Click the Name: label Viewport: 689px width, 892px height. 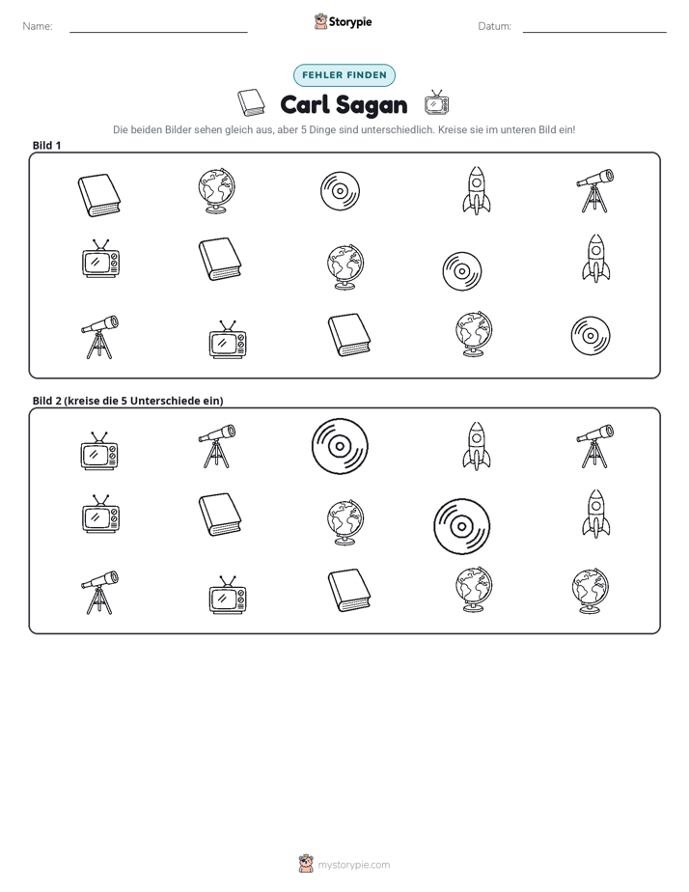pyautogui.click(x=38, y=26)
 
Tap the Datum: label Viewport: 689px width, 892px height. pyautogui.click(x=494, y=26)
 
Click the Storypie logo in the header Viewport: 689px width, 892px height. pyautogui.click(x=343, y=21)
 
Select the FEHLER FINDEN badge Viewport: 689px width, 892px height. pyautogui.click(x=344, y=75)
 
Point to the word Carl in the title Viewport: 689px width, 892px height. pyautogui.click(x=305, y=104)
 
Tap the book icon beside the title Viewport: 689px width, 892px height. pyautogui.click(x=251, y=103)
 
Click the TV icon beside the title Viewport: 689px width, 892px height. pyautogui.click(x=436, y=102)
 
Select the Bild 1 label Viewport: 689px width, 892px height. pyautogui.click(x=46, y=145)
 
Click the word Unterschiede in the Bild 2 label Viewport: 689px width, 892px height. pyautogui.click(x=161, y=401)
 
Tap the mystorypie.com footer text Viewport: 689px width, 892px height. pyautogui.click(x=353, y=865)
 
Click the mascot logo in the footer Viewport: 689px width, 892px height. pyautogui.click(x=306, y=864)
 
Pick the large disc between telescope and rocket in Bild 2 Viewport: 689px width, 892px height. pyautogui.click(x=340, y=447)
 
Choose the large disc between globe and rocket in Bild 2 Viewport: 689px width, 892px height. pyautogui.click(x=461, y=526)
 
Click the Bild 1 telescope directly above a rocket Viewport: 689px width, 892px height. pyautogui.click(x=594, y=190)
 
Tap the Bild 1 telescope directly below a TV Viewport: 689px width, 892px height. pyautogui.click(x=99, y=337)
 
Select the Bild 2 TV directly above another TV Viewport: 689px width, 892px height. pyautogui.click(x=99, y=451)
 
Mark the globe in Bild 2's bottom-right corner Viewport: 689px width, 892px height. pyautogui.click(x=590, y=591)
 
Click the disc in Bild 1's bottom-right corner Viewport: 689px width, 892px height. pyautogui.click(x=591, y=336)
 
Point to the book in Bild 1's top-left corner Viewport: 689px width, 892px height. pyautogui.click(x=99, y=195)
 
